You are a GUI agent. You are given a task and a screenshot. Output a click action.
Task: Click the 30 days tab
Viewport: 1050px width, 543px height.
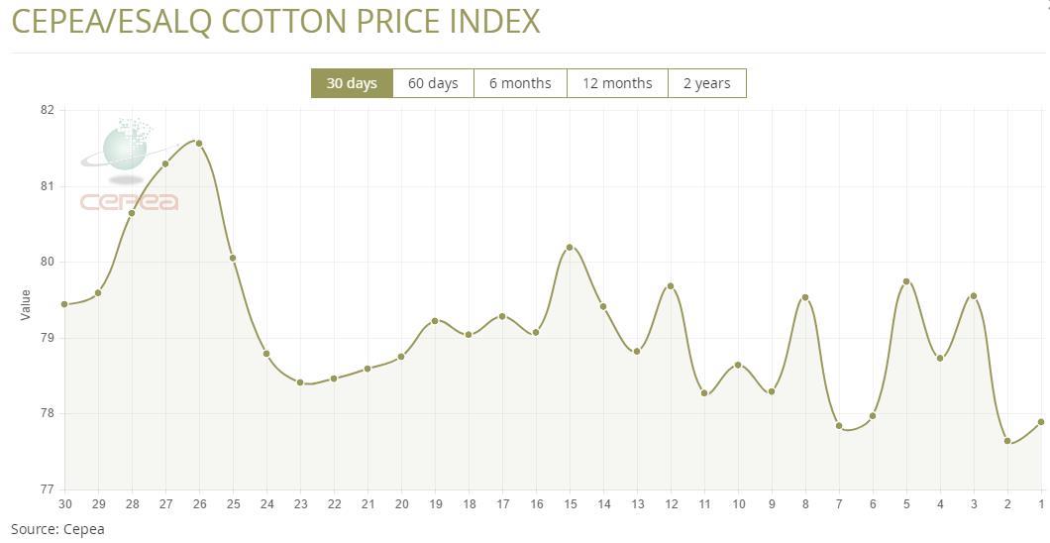(352, 83)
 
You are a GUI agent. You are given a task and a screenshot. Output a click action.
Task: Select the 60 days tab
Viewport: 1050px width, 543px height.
(433, 83)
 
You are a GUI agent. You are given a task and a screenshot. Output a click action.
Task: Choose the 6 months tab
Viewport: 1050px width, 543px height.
(520, 83)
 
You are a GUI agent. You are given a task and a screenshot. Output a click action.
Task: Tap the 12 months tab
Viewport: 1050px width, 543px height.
(617, 83)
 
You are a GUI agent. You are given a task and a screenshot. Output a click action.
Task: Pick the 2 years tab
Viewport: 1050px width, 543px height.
(706, 83)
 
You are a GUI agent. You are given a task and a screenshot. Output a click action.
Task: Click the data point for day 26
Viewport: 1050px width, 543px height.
(199, 144)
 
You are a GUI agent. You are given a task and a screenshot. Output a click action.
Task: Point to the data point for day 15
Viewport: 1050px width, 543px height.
(570, 247)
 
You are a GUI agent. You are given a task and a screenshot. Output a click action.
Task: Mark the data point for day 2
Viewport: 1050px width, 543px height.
(1007, 441)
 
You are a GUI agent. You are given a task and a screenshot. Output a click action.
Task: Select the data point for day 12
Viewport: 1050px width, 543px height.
(671, 286)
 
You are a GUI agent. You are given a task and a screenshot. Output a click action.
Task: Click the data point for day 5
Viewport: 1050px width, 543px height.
(906, 281)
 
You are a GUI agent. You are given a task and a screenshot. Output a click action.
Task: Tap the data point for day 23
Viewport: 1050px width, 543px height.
(300, 382)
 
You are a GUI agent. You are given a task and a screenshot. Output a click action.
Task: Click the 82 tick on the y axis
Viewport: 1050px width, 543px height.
(47, 110)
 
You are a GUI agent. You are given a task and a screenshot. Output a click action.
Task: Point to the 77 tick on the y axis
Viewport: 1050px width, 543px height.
(47, 489)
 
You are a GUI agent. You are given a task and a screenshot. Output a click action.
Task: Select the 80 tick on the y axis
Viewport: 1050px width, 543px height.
(47, 262)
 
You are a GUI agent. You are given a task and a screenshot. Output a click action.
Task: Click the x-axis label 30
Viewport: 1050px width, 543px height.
(66, 504)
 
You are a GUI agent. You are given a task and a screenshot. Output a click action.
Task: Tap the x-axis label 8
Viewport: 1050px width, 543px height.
(805, 504)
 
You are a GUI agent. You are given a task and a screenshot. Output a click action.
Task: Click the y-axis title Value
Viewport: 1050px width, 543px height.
(26, 304)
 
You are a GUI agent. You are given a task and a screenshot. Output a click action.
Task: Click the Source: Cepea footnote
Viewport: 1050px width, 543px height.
(57, 529)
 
